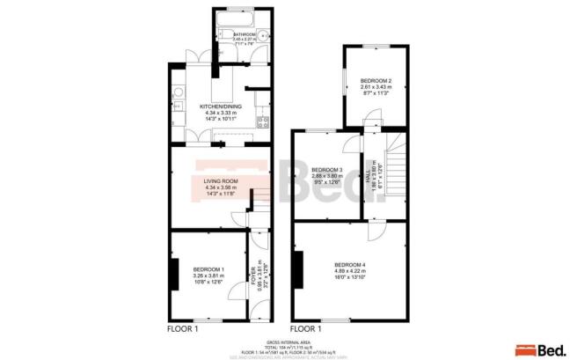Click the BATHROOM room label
[232, 34]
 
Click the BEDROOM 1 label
[209, 268]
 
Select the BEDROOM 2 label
[376, 81]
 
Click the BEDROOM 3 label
[326, 169]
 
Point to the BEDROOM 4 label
[350, 265]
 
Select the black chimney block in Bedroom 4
[299, 266]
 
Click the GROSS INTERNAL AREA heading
[288, 340]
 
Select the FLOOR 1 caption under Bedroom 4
[306, 328]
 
